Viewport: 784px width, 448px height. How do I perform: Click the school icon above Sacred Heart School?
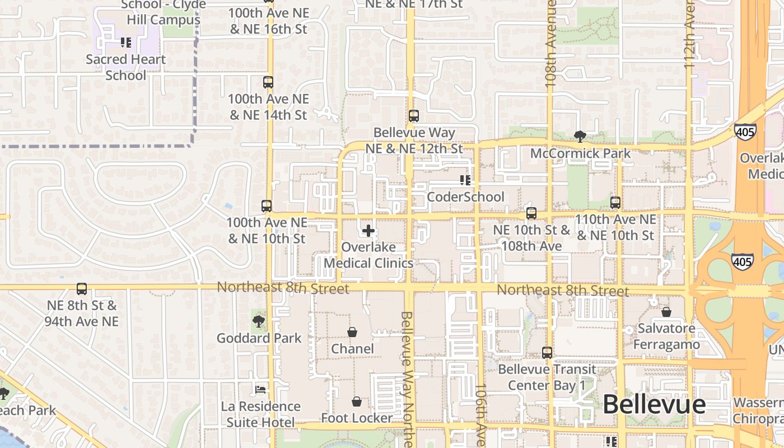(x=126, y=42)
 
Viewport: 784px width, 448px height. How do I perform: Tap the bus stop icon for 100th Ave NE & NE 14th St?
(x=268, y=82)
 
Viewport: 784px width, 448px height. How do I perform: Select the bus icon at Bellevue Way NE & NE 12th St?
(x=414, y=116)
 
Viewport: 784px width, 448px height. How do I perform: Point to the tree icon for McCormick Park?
(x=580, y=136)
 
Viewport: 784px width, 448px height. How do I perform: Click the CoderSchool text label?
(x=465, y=197)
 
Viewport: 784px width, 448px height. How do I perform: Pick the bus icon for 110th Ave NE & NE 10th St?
(x=615, y=203)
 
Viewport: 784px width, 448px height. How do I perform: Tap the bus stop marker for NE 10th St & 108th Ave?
(x=531, y=213)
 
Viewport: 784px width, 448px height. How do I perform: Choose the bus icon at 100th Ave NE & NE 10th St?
(x=267, y=206)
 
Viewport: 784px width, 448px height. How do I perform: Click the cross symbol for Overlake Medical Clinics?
(x=368, y=231)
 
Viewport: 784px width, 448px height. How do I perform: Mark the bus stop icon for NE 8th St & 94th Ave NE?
(x=82, y=289)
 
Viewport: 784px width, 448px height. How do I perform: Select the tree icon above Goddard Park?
(x=259, y=321)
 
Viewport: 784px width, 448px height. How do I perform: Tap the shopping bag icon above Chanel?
(x=352, y=332)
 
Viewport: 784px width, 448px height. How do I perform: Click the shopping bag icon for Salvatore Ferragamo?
(x=666, y=312)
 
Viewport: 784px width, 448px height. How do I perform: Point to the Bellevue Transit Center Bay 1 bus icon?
(x=547, y=353)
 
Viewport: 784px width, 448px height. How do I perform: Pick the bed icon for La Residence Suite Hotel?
(x=260, y=389)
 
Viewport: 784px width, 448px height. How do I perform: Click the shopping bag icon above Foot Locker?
(x=357, y=402)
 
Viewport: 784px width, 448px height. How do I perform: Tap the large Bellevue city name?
(x=654, y=404)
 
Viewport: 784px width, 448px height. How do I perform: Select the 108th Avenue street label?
(x=551, y=45)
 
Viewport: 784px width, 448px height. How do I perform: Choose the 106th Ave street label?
(x=480, y=414)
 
